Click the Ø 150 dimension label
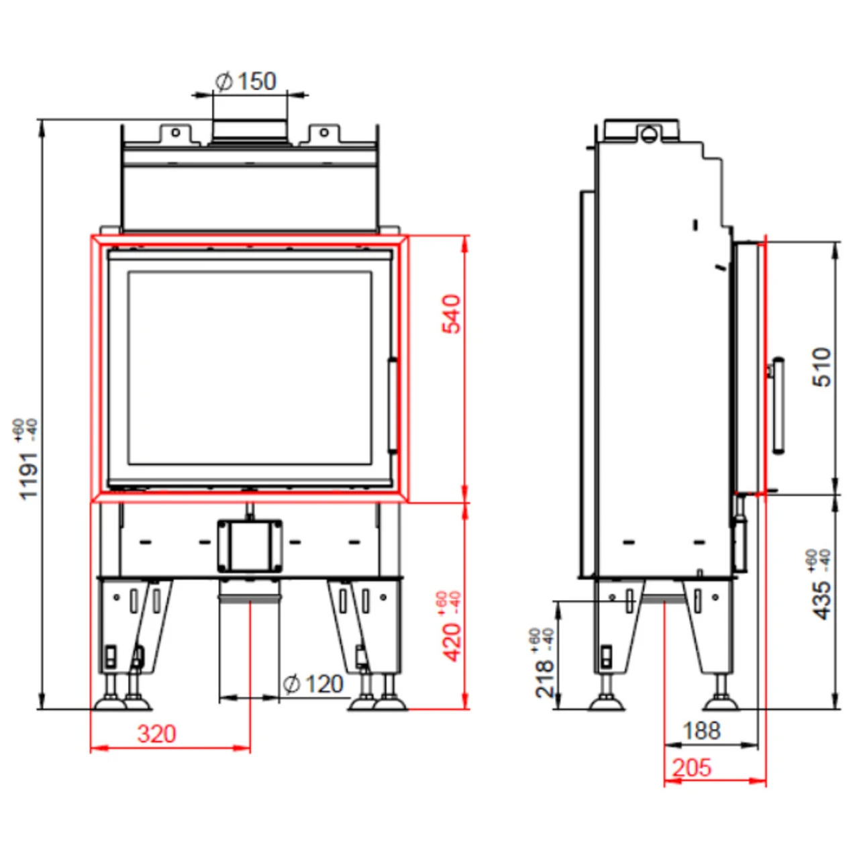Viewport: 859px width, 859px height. tap(246, 81)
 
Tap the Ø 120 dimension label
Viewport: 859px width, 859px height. tap(313, 684)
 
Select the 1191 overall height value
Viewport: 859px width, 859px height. tap(28, 475)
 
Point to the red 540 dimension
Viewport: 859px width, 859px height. tap(452, 313)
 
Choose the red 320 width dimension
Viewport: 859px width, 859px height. tap(156, 734)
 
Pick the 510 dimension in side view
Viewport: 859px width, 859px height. tap(822, 366)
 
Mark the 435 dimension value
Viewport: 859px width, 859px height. tap(822, 599)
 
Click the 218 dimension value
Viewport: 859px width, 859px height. tap(546, 678)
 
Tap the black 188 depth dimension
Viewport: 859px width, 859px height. tap(701, 730)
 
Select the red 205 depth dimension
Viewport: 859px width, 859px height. tap(691, 767)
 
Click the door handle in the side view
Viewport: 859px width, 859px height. tap(778, 405)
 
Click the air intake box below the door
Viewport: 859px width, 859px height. tap(249, 545)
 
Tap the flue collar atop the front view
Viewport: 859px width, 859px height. tap(250, 130)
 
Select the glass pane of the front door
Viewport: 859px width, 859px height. tap(250, 367)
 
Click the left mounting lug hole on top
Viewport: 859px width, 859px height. tap(175, 132)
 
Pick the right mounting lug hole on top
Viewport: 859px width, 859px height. tap(324, 132)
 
